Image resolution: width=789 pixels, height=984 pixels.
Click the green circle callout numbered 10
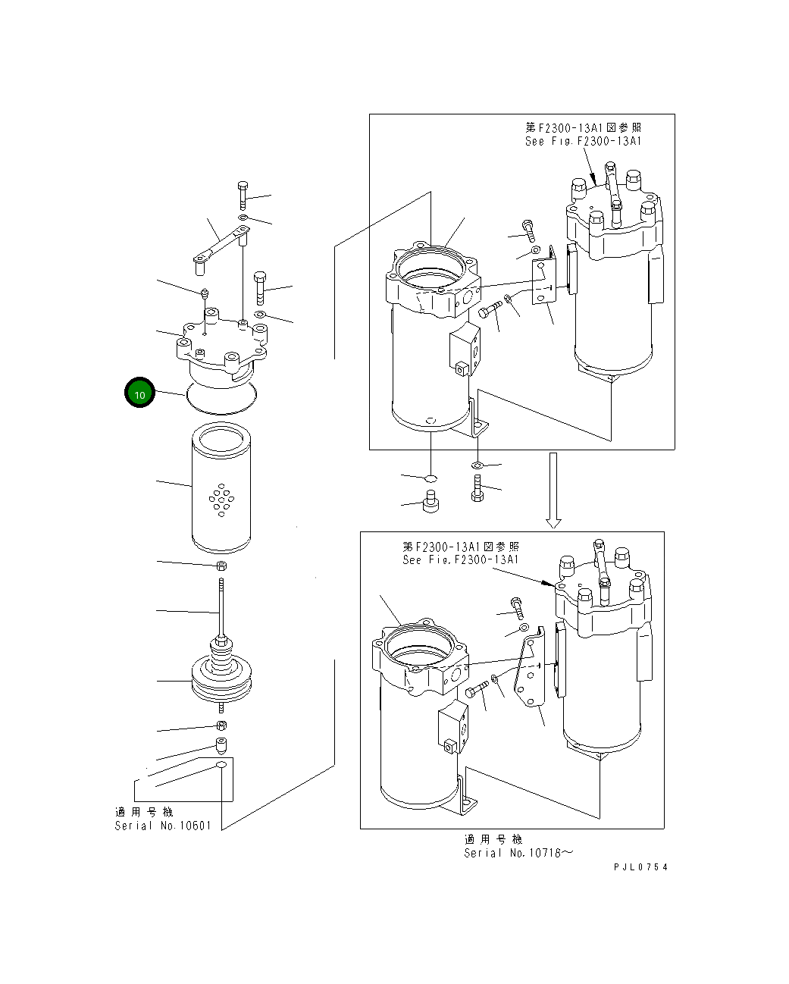coord(139,393)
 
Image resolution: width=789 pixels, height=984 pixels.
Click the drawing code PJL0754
coord(641,867)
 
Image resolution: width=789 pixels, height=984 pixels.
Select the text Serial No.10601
coord(163,826)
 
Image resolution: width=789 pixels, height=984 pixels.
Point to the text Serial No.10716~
coord(519,853)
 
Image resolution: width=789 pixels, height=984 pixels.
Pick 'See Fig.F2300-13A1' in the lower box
coord(460,559)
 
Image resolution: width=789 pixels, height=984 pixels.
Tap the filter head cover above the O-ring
coord(222,349)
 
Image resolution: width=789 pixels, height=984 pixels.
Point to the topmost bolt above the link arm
coord(243,195)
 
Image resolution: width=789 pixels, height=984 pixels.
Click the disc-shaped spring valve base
coord(221,678)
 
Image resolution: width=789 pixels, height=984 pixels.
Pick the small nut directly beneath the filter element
coord(221,566)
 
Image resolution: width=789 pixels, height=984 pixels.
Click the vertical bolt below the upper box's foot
coord(477,487)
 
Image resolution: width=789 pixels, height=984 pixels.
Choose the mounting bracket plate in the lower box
coord(530,671)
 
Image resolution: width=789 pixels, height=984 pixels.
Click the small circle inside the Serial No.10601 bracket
coord(221,766)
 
